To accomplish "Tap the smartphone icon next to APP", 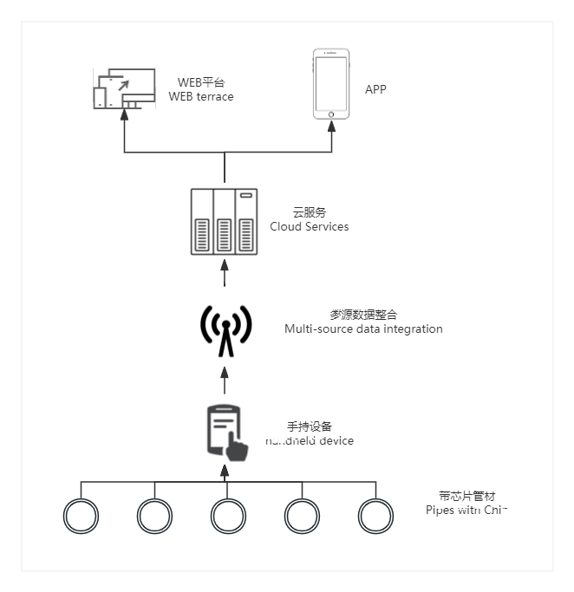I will pyautogui.click(x=333, y=84).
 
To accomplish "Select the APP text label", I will pyautogui.click(x=375, y=90).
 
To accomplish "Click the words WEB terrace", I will pyautogui.click(x=201, y=97).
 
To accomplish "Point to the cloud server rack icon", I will pyautogui.click(x=225, y=222).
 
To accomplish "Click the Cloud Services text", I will pyautogui.click(x=310, y=227).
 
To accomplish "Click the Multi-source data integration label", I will pyautogui.click(x=363, y=329).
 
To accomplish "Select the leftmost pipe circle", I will pyautogui.click(x=82, y=516).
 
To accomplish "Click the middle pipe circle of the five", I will pyautogui.click(x=229, y=516).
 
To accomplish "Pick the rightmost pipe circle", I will pyautogui.click(x=376, y=516).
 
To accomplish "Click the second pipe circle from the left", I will pyautogui.click(x=155, y=516).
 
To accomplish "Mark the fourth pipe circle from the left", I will pyautogui.click(x=303, y=516).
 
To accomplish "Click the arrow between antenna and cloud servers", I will pyautogui.click(x=225, y=276).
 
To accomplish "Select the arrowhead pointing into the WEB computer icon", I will pyautogui.click(x=124, y=115).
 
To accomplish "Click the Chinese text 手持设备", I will pyautogui.click(x=310, y=426).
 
